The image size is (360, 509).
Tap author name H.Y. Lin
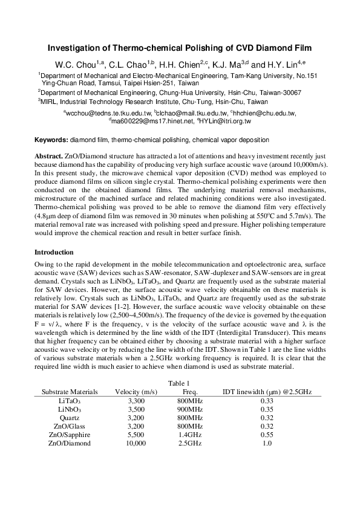[x=284, y=65]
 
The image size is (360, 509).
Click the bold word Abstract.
[x=49, y=157]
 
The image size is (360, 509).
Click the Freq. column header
[x=190, y=392]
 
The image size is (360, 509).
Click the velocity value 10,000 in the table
[x=136, y=443]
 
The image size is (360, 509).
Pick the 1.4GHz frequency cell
[x=190, y=435]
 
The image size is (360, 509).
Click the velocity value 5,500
[x=136, y=435]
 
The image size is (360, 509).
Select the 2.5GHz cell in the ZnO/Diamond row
[x=190, y=443]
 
